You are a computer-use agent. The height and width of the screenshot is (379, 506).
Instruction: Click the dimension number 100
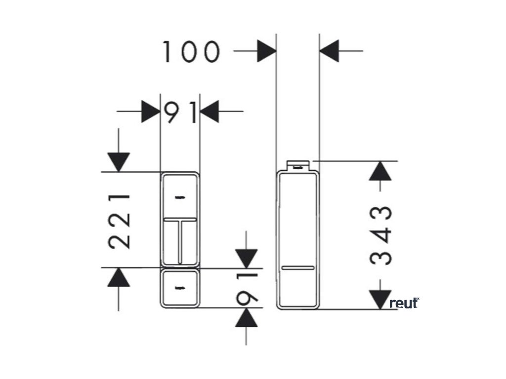191,52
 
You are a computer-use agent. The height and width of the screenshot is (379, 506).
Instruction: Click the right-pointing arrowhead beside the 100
266,51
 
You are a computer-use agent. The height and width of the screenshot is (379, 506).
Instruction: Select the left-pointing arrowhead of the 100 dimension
329,51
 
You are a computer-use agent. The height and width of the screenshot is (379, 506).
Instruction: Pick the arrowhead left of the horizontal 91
151,112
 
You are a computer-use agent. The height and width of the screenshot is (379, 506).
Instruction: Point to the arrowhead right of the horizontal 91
210,112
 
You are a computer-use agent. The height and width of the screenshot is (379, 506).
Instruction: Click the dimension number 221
120,221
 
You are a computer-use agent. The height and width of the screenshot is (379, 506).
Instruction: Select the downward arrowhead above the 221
118,162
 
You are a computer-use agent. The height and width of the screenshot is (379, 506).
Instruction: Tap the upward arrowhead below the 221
118,277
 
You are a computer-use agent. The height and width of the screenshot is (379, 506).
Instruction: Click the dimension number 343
381,235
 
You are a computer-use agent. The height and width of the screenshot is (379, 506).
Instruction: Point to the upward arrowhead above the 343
380,170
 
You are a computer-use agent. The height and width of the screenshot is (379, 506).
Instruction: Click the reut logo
404,303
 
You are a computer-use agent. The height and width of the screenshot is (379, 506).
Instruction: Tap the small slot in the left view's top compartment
180,198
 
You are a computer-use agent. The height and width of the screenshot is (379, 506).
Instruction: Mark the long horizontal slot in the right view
297,268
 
